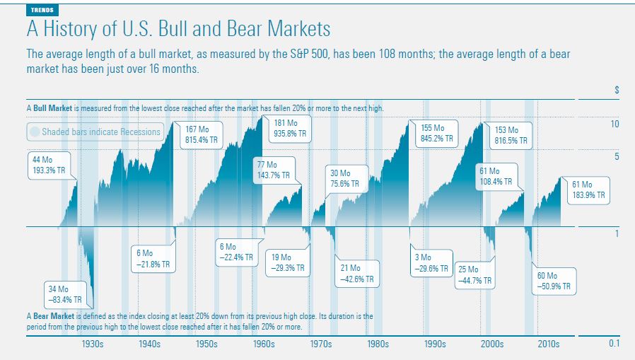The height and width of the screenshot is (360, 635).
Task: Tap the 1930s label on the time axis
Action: [x=93, y=344]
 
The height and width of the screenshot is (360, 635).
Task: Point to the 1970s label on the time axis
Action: [x=320, y=344]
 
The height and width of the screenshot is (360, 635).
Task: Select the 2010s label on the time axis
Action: [x=548, y=344]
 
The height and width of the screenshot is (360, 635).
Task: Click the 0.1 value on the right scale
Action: [x=614, y=344]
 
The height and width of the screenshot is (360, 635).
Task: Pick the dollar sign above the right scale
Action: [x=617, y=91]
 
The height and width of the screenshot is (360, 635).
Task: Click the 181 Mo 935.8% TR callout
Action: [x=289, y=127]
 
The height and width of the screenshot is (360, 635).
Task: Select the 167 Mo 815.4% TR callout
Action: [x=201, y=135]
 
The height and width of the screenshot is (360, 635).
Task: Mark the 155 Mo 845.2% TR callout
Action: [x=436, y=132]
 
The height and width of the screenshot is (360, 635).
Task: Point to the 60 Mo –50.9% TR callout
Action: [x=554, y=281]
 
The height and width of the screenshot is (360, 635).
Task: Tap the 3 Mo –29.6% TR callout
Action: [x=430, y=262]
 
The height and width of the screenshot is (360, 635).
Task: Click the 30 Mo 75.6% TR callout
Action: [x=345, y=178]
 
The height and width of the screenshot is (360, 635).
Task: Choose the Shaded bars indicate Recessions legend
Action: [x=95, y=132]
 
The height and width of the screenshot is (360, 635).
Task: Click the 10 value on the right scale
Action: [x=614, y=124]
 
